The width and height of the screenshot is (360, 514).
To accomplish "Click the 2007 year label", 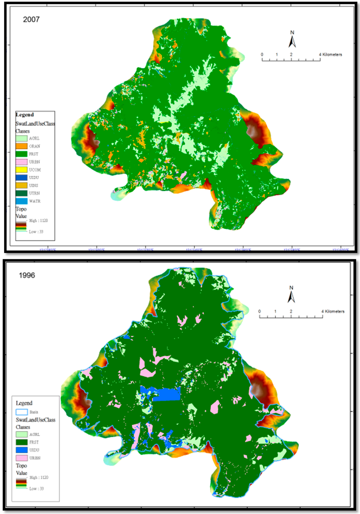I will [31, 20].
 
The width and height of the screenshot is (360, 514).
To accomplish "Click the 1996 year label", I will [27, 275].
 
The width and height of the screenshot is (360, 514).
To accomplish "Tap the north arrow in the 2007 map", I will [292, 39].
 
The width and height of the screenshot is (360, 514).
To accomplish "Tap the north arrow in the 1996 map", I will [291, 295].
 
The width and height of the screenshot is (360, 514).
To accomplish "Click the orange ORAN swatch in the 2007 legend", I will [21, 146].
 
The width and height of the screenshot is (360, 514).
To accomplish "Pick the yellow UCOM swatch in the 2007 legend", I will [21, 170].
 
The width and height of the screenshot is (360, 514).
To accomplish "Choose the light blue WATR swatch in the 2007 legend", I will [21, 201].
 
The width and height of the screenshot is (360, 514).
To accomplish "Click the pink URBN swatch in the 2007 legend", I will [21, 162].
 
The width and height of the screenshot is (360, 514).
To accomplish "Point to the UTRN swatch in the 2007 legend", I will [21, 193].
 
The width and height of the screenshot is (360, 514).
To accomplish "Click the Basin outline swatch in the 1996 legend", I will [22, 412].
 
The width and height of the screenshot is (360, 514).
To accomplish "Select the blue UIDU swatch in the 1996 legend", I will [22, 450].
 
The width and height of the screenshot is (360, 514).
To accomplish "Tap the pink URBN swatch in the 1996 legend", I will [22, 458].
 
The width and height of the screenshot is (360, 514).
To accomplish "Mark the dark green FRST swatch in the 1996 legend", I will [22, 442].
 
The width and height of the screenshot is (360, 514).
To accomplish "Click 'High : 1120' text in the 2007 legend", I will [38, 221].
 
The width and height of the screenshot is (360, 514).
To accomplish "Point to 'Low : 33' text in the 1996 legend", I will [37, 489].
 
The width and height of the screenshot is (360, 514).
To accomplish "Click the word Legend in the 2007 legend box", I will [25, 115].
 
